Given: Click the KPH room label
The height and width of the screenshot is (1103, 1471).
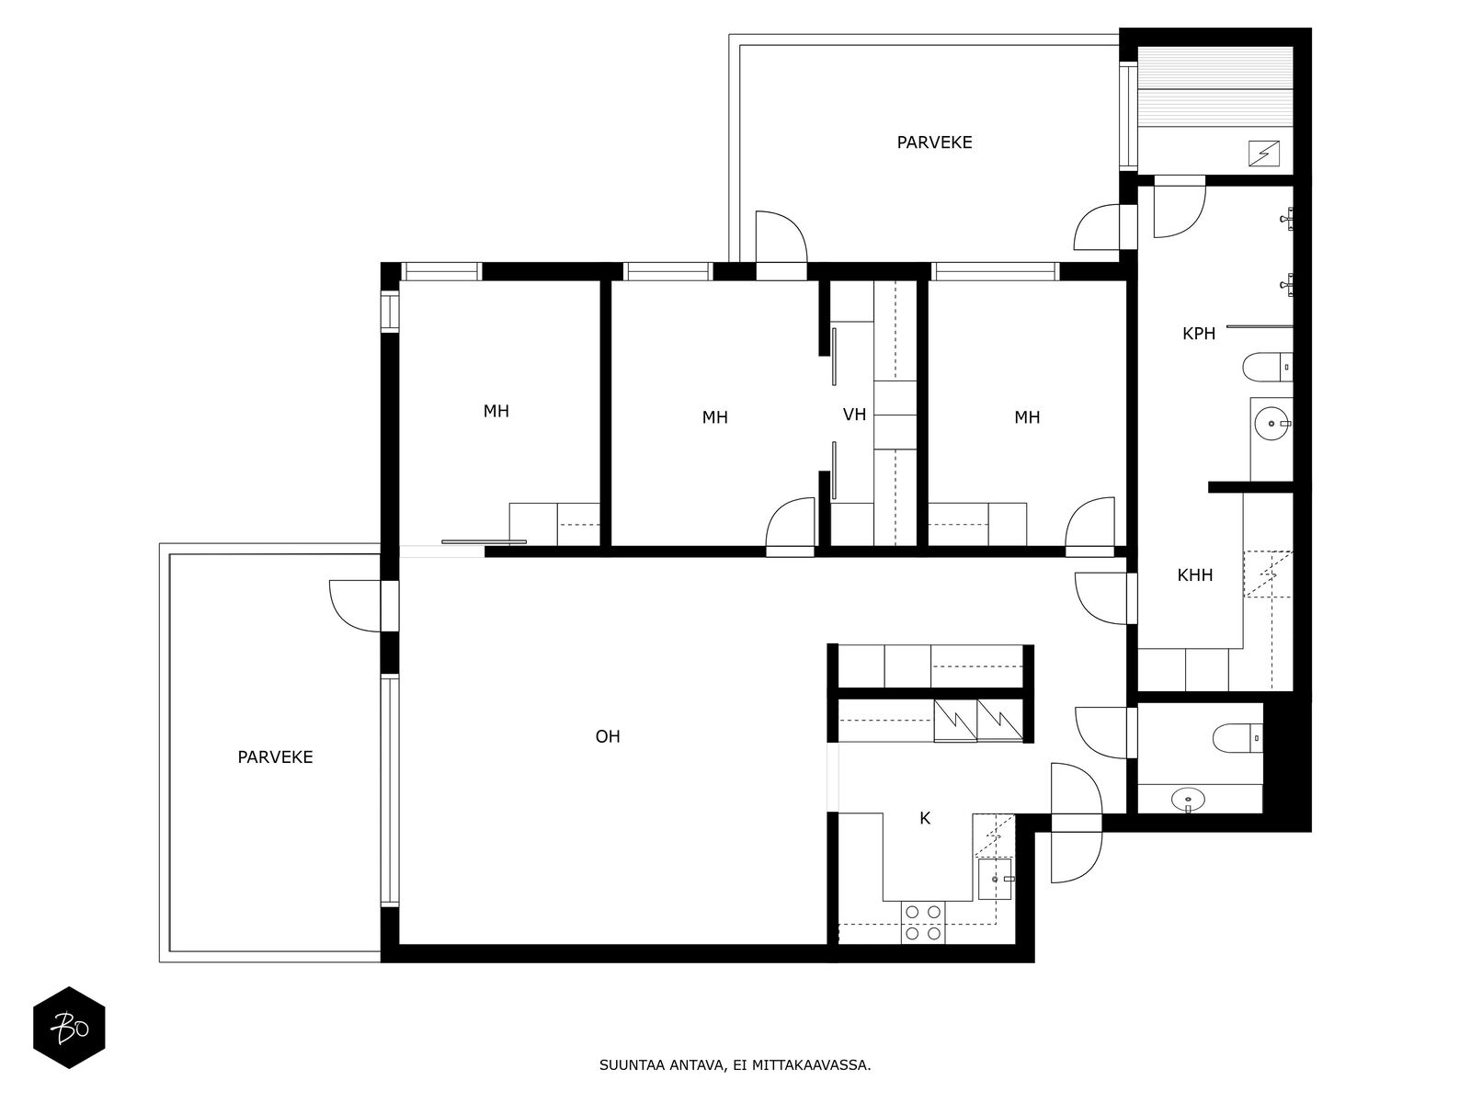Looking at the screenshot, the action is [x=1198, y=333].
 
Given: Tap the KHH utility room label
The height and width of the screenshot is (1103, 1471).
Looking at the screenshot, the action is [x=1195, y=574].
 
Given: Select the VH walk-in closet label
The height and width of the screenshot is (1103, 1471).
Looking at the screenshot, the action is [x=854, y=415].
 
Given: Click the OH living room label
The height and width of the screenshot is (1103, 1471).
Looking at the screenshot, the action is [x=608, y=736].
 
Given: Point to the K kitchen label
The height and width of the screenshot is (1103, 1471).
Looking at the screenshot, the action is [x=925, y=818].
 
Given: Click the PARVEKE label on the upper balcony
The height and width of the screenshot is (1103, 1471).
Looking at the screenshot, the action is [x=934, y=142].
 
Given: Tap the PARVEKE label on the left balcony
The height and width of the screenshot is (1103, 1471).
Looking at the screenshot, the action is [x=275, y=756].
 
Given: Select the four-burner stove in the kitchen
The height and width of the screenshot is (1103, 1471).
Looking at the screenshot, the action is [x=923, y=922].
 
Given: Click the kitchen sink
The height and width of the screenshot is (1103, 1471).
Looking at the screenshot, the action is [x=995, y=880].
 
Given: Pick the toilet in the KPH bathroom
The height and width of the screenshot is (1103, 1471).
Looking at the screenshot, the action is [x=1267, y=367].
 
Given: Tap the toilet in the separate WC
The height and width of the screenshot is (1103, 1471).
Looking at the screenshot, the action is [x=1237, y=738].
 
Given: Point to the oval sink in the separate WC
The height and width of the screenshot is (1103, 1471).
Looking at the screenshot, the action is [x=1188, y=799].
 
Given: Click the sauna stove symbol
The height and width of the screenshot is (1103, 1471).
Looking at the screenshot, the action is [x=1264, y=154].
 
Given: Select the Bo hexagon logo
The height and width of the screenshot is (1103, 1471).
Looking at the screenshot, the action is [x=69, y=1028].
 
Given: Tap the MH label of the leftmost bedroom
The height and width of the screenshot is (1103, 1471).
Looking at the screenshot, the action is [x=496, y=411].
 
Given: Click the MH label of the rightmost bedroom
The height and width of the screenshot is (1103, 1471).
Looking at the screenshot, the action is [x=1027, y=417].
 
